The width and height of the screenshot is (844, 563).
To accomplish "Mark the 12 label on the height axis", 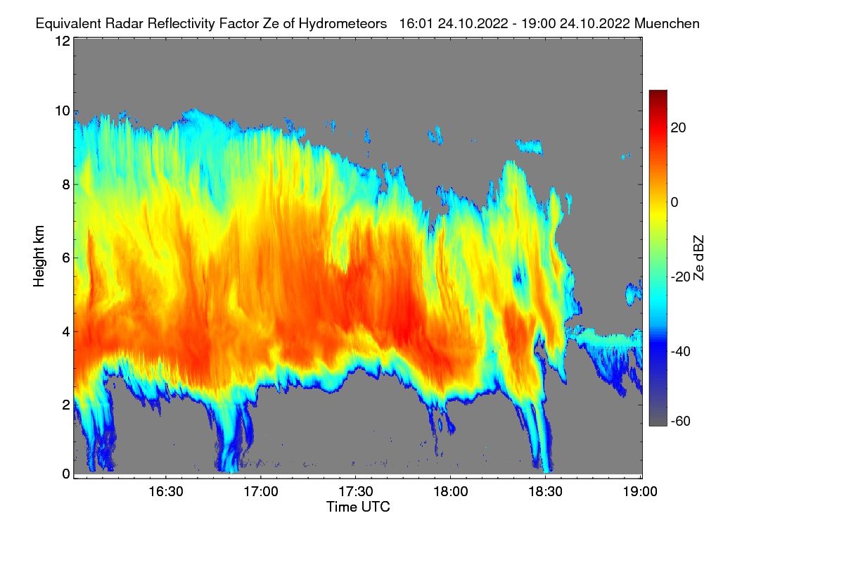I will (x=62, y=41).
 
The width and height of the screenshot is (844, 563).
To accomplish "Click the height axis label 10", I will (x=62, y=111).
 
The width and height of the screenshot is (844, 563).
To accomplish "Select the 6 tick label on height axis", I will (x=65, y=258).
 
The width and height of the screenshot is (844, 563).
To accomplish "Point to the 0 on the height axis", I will (x=65, y=474).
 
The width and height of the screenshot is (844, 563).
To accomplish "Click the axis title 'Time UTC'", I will (x=358, y=507).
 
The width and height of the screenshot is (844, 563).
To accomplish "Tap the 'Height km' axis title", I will (x=39, y=258).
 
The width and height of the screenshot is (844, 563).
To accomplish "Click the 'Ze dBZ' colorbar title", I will (x=698, y=258).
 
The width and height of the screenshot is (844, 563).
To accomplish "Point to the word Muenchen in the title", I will (x=667, y=23).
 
